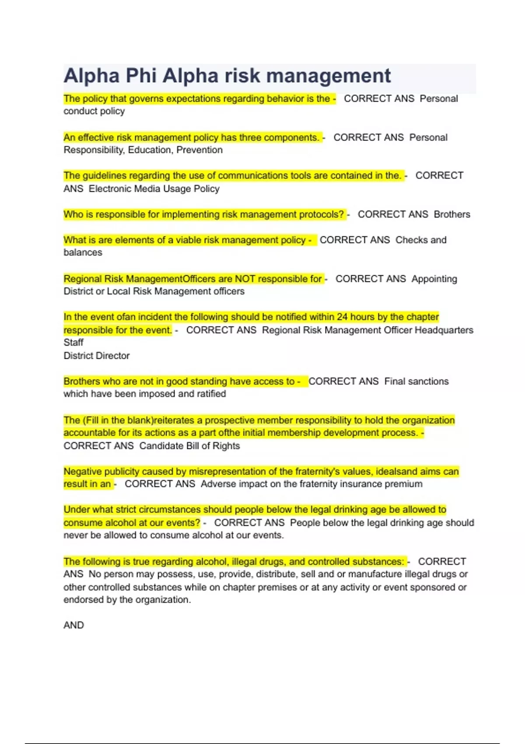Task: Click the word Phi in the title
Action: (141, 76)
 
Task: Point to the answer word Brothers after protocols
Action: (452, 214)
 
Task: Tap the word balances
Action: (83, 253)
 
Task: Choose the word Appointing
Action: (434, 279)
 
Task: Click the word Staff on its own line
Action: (73, 343)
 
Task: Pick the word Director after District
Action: (113, 356)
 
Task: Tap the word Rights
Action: (226, 446)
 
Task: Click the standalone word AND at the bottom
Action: (73, 625)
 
